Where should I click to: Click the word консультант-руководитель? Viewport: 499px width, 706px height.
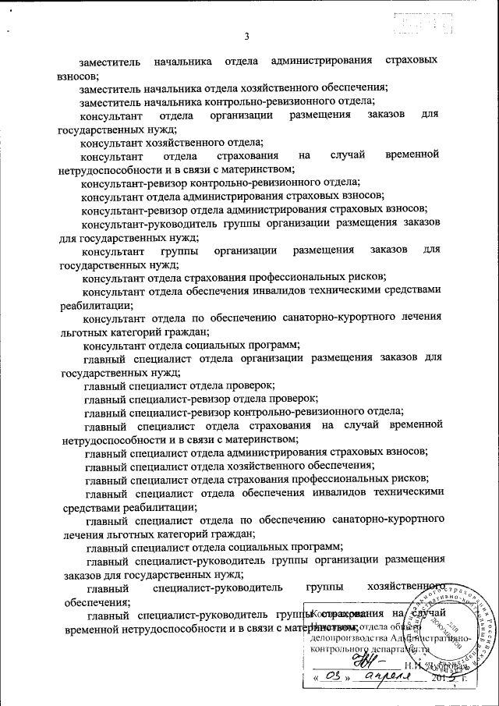(x=143, y=223)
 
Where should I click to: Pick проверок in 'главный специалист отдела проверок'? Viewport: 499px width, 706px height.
(x=251, y=385)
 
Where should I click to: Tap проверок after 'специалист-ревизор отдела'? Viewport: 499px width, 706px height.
(x=294, y=397)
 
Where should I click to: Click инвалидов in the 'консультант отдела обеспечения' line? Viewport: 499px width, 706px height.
(x=306, y=290)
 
